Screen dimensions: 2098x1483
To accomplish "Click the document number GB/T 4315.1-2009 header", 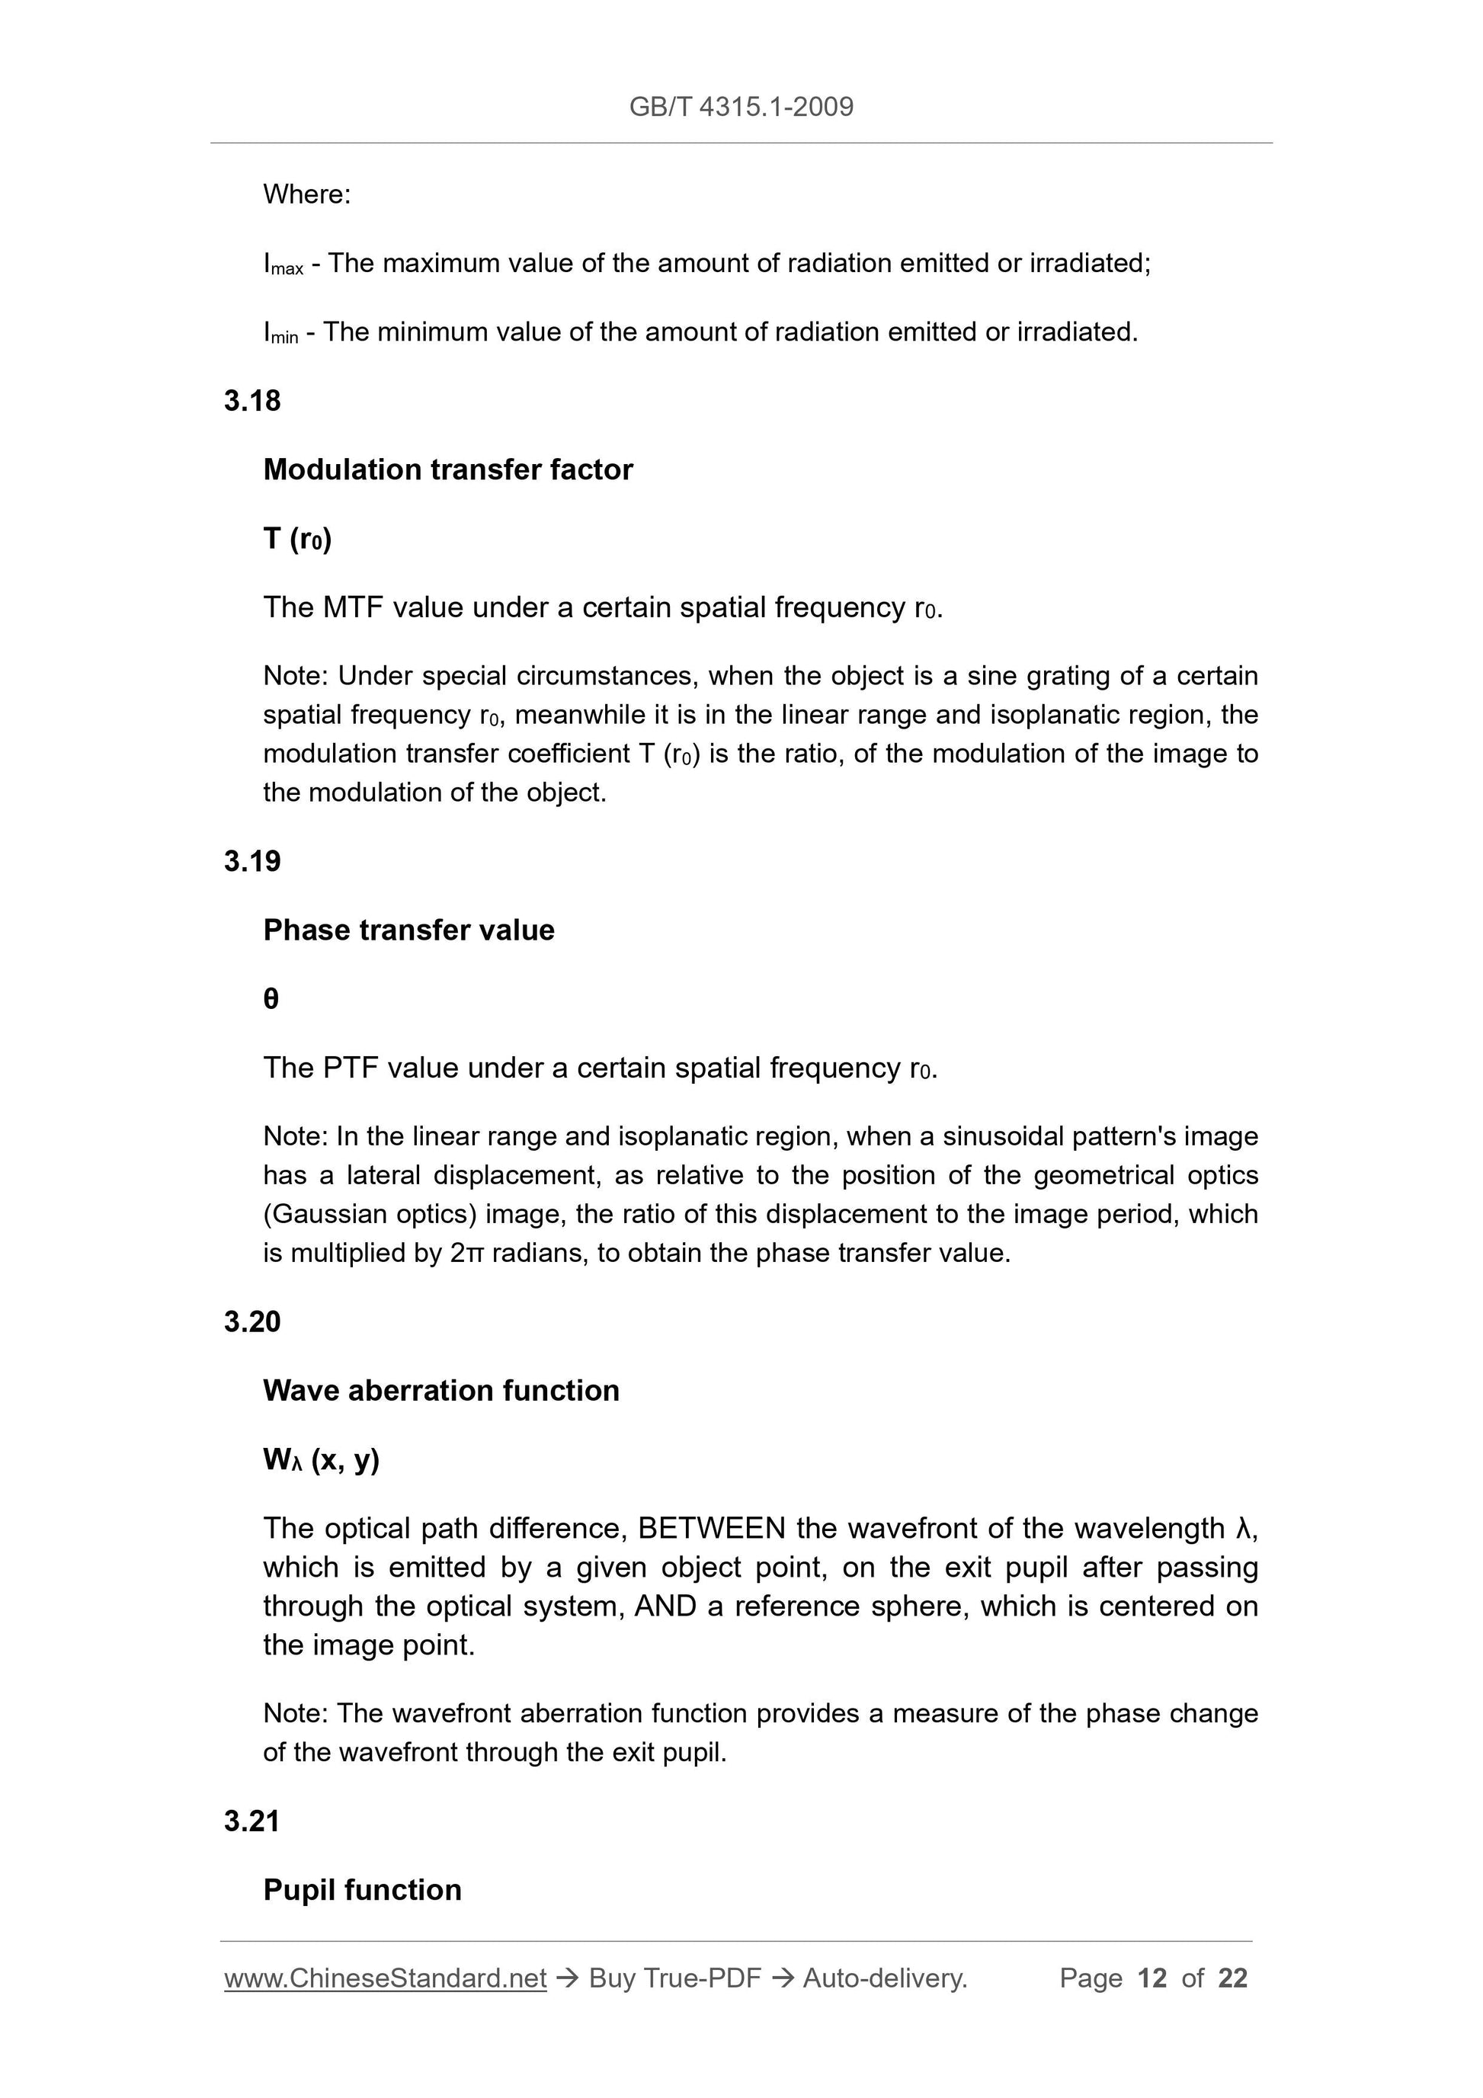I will point(741,107).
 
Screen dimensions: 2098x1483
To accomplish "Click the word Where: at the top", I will point(306,194).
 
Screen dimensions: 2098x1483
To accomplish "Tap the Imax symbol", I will point(282,264).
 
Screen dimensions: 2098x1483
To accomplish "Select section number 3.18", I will point(252,401).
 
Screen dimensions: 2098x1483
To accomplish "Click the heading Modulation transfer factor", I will point(448,469).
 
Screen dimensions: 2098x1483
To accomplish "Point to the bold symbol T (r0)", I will point(297,539).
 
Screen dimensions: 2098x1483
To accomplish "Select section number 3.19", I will point(252,862).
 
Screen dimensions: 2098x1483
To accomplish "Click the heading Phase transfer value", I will point(408,930).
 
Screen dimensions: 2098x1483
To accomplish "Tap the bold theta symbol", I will point(271,999).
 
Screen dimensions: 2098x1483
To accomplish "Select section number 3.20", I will point(252,1322).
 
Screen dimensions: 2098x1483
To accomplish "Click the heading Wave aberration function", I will point(441,1391).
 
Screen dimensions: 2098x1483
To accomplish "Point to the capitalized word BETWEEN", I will point(711,1528).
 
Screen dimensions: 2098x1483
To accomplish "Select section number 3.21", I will point(251,1821).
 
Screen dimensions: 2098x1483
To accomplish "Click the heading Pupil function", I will point(362,1890).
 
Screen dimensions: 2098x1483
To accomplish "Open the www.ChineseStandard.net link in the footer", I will point(385,1978).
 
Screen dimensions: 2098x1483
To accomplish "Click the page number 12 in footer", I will point(1151,1978).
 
